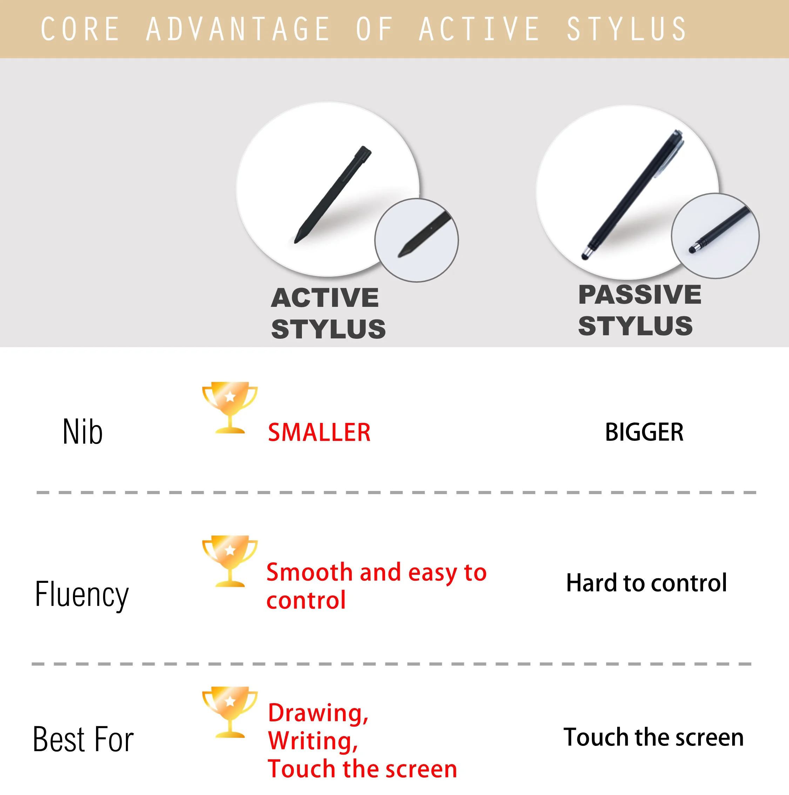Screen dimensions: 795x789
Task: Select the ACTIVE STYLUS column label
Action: pyautogui.click(x=328, y=313)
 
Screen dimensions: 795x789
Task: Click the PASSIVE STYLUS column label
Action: pyautogui.click(x=639, y=310)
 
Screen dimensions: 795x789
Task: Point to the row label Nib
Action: pyautogui.click(x=83, y=432)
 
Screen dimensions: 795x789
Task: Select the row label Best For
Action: pyautogui.click(x=83, y=740)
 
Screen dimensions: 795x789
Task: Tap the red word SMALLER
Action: pyautogui.click(x=319, y=432)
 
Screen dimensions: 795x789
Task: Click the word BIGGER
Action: pyautogui.click(x=644, y=432)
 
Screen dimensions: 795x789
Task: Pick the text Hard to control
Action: pyautogui.click(x=646, y=583)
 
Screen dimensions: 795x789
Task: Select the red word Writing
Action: pyautogui.click(x=313, y=741)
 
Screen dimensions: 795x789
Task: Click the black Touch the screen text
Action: pyautogui.click(x=653, y=737)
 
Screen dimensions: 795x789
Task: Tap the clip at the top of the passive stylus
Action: pyautogui.click(x=671, y=159)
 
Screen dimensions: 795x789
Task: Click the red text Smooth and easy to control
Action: pyautogui.click(x=376, y=586)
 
